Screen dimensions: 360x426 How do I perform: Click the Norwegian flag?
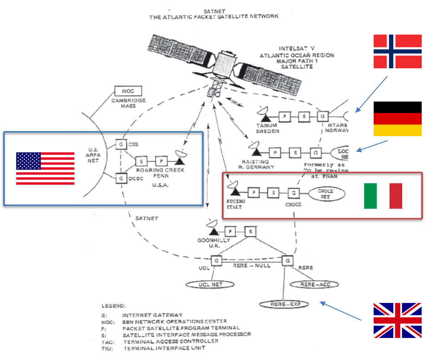[x=397, y=51]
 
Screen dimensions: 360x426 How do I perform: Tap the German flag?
[x=397, y=124]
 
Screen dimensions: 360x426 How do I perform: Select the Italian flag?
[x=383, y=196]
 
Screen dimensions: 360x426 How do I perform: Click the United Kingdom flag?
[x=397, y=320]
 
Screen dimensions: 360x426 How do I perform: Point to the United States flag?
[x=45, y=168]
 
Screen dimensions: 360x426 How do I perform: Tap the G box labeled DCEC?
[x=121, y=177]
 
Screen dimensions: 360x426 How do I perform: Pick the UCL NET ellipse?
[x=211, y=284]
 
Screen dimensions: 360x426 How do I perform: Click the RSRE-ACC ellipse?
[x=313, y=284]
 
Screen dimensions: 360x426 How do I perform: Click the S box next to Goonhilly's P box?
[x=251, y=232]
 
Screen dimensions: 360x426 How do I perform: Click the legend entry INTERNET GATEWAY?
[x=152, y=315]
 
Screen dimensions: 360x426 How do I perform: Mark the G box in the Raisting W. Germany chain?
[x=316, y=153]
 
